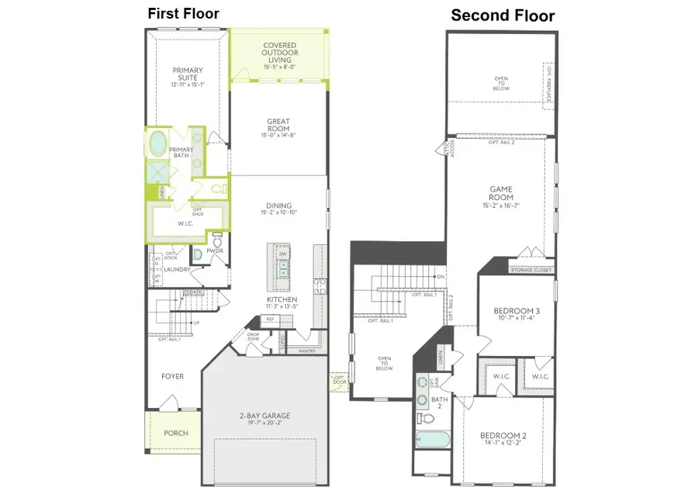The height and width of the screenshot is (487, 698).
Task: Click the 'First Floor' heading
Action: (184, 13)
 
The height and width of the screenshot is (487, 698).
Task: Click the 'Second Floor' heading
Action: (503, 15)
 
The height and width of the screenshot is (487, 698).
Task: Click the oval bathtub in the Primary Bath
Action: (157, 143)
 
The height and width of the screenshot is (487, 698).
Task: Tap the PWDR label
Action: (215, 252)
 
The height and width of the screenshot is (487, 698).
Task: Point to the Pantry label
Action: (296, 351)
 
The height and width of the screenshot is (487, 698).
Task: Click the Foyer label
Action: (172, 376)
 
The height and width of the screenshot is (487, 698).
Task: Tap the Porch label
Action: (175, 433)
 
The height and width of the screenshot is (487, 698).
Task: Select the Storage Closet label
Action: (530, 270)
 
